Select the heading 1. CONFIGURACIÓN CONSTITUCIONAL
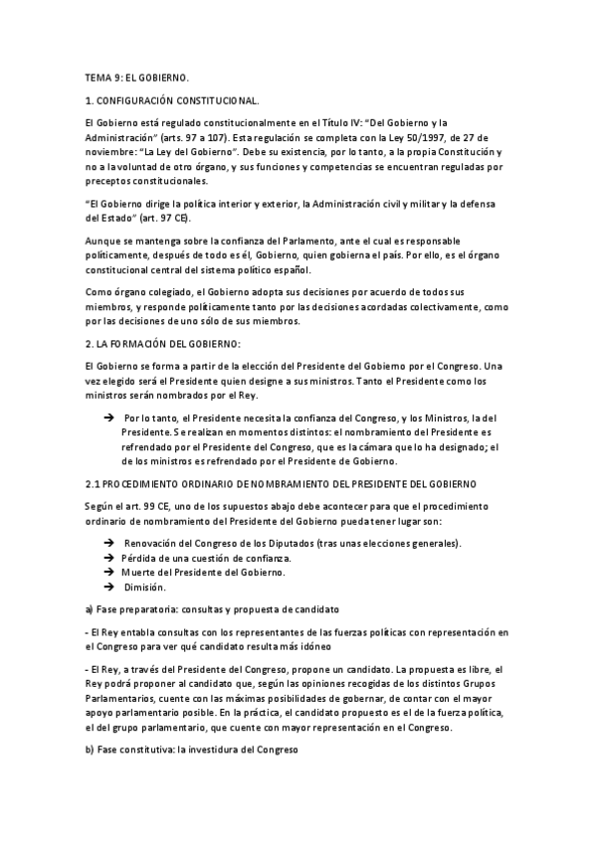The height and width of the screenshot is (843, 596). (172, 101)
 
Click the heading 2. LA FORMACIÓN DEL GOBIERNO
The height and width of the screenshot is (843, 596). (163, 343)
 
